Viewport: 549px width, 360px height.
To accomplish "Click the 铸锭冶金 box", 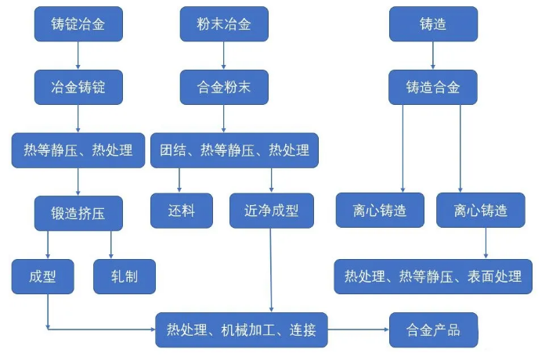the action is [x=78, y=23].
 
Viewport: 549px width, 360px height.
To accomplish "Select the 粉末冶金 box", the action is [x=224, y=23].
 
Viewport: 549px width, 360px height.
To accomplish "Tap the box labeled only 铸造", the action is [x=433, y=23].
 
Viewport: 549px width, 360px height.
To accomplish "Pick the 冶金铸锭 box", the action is [x=78, y=87].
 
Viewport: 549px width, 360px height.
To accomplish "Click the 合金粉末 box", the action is [x=224, y=87].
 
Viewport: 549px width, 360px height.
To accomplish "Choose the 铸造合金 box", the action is [x=433, y=87].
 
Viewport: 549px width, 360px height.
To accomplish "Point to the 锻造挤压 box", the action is [x=78, y=213].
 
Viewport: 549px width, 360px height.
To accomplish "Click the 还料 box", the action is [x=182, y=211].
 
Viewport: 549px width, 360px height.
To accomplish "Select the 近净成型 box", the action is [x=272, y=211].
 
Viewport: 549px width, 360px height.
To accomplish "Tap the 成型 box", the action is [x=43, y=276].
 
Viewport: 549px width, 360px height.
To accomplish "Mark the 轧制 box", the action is [x=125, y=276].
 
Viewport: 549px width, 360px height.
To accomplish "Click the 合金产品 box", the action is [x=433, y=330].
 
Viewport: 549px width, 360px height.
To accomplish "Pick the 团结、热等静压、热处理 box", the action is [x=235, y=150].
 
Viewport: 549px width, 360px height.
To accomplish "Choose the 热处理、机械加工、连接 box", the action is [x=241, y=330].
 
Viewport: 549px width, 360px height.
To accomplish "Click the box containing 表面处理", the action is [x=433, y=276].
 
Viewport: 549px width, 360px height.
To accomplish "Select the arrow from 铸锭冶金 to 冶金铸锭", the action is [x=78, y=56].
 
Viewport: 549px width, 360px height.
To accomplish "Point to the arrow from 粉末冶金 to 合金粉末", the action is [x=223, y=56].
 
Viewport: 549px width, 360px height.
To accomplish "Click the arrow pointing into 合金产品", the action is [x=359, y=329].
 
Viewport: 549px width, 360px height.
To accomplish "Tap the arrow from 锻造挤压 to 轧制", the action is [x=111, y=245].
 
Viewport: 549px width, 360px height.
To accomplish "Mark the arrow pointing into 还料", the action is [x=179, y=181].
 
